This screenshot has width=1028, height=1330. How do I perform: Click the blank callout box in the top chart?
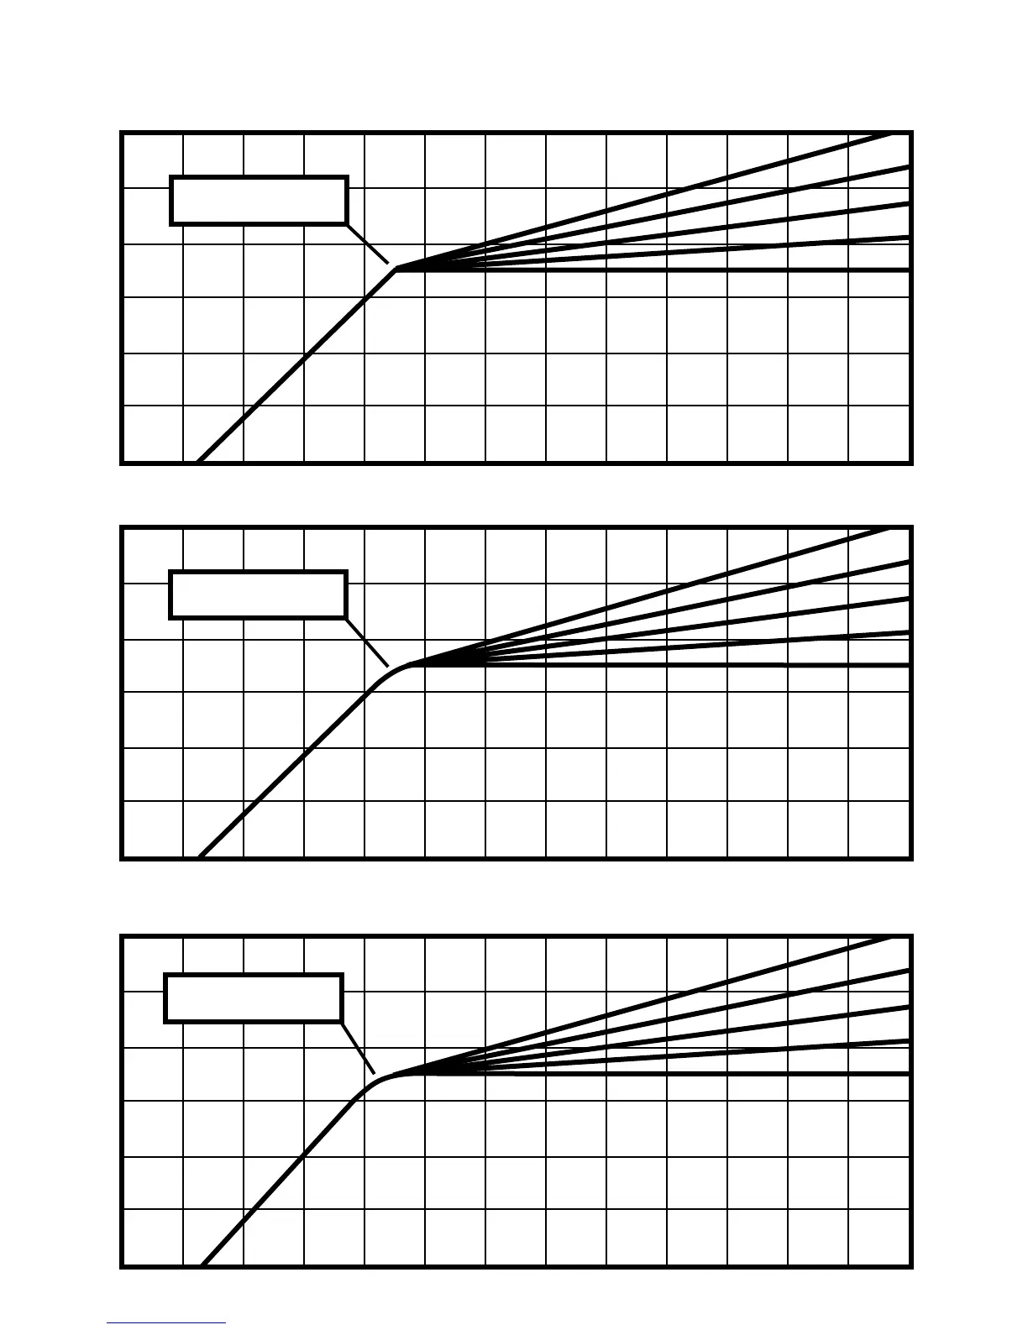tap(259, 201)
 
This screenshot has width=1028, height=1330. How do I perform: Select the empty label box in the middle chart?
tap(258, 595)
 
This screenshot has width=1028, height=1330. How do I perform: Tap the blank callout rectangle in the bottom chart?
tap(253, 998)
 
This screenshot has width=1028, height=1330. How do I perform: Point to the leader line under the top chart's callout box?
tap(368, 244)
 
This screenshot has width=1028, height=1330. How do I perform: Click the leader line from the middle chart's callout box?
tap(367, 642)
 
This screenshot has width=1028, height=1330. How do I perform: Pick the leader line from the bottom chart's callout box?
tap(358, 1047)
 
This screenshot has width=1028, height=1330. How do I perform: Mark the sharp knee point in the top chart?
tap(396, 270)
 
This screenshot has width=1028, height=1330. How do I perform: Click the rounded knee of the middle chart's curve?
tap(393, 672)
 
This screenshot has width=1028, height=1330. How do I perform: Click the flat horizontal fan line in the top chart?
tap(672, 270)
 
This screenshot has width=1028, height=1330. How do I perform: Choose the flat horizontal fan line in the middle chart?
tap(672, 665)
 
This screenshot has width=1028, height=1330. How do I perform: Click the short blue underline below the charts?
tap(166, 1323)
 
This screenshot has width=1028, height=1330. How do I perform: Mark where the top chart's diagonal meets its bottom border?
tap(197, 462)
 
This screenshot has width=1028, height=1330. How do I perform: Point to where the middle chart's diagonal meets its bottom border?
tap(199, 857)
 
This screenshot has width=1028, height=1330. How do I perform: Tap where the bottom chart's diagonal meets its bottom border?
tap(202, 1265)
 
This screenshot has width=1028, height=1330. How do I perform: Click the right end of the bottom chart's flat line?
tap(908, 1074)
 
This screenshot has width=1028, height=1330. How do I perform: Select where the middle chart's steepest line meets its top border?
tap(890, 529)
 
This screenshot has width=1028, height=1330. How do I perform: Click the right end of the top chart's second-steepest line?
tap(908, 168)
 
